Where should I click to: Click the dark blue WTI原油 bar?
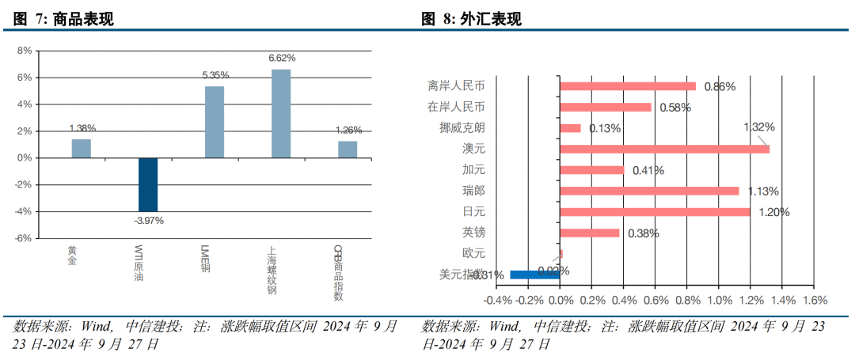[148, 184]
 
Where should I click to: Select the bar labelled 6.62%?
[281, 113]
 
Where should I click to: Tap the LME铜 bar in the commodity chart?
[215, 122]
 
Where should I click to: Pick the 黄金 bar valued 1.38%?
[82, 149]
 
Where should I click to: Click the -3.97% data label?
[148, 221]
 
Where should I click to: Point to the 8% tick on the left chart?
[25, 51]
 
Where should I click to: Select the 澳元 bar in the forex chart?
[664, 149]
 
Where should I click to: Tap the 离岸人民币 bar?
[628, 86]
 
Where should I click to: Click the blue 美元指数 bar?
[535, 275]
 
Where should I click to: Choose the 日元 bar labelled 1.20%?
[655, 211]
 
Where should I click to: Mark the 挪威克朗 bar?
[570, 128]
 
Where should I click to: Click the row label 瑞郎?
[473, 191]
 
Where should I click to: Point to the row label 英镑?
[473, 233]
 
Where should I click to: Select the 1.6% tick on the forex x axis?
[814, 301]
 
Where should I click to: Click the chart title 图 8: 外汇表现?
[471, 20]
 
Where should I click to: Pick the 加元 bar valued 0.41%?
[592, 169]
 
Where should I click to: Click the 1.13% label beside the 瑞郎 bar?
[763, 191]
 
